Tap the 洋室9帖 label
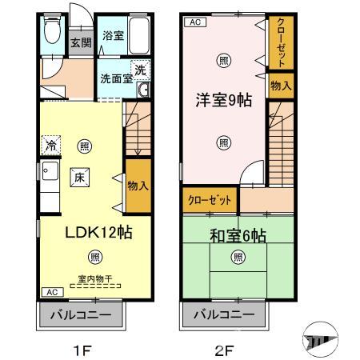coord(223,102)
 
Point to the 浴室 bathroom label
coord(112,35)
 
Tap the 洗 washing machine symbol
coord(139,70)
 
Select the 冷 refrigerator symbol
coord(50,146)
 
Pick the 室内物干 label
coord(94,279)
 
